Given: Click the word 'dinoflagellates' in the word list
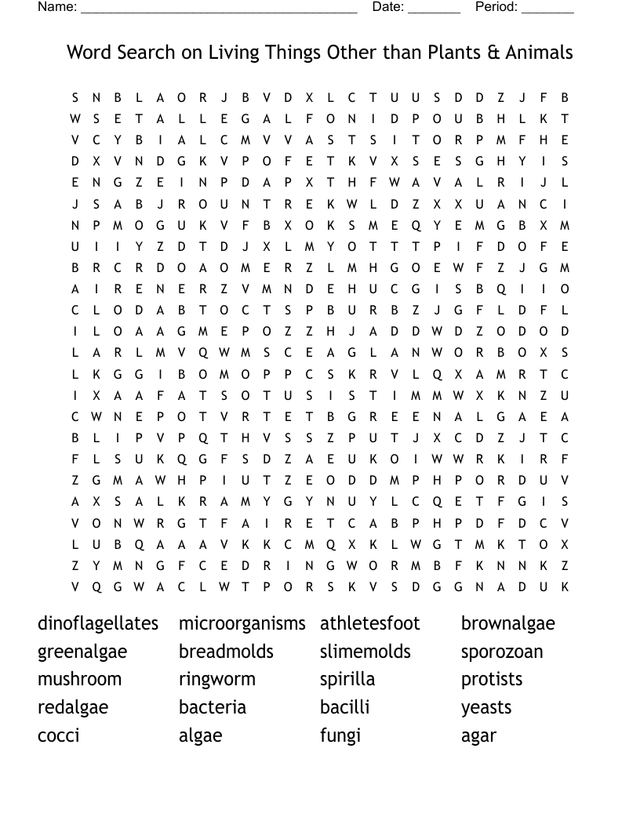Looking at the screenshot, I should [x=98, y=623].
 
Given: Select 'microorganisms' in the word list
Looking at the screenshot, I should [x=242, y=623].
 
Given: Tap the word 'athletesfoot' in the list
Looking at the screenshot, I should [x=370, y=623].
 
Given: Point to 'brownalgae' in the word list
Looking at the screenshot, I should [x=507, y=623].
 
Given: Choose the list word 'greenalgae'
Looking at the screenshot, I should [x=82, y=652].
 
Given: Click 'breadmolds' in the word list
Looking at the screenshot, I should [x=226, y=652].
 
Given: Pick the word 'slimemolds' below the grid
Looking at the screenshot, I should [x=365, y=652].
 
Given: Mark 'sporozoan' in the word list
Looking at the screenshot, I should [x=502, y=652].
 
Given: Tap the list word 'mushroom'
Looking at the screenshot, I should [x=79, y=679].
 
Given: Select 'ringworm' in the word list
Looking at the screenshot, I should [x=217, y=679].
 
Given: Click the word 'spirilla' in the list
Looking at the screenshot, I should [x=347, y=679].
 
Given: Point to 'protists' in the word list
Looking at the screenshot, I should [x=492, y=679].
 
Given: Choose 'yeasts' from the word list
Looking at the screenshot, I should [x=486, y=707].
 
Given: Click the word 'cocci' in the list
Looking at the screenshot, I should [x=59, y=735].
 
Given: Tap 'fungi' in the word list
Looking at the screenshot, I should [x=340, y=735].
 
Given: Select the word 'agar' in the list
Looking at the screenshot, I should [x=478, y=735].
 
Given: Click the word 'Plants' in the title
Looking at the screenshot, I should [x=455, y=53].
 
